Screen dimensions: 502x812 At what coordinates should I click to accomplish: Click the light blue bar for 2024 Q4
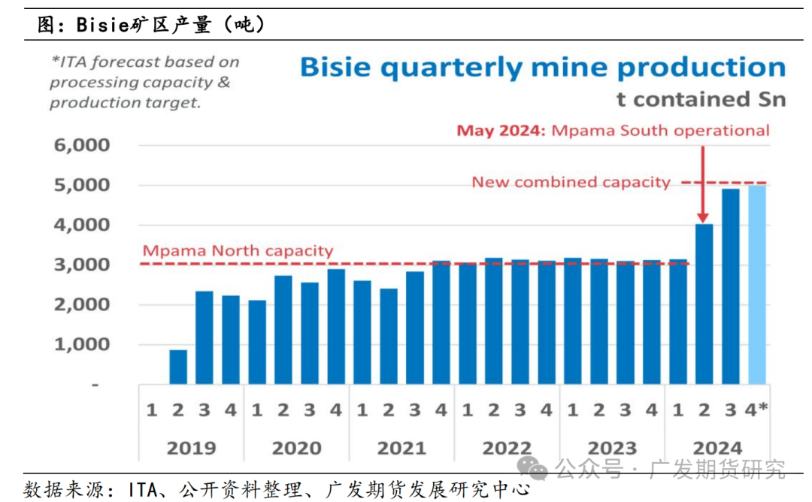coord(757,285)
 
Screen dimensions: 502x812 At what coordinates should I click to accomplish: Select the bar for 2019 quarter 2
coord(178,367)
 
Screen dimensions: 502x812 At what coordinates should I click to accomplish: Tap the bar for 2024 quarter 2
coord(704,304)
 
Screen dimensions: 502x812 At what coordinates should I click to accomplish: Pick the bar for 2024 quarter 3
coord(730,286)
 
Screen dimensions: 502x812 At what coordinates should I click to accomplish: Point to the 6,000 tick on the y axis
coord(82,145)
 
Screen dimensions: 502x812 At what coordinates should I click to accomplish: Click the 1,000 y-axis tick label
coord(82,345)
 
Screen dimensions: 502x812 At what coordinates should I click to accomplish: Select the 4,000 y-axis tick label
coord(82,225)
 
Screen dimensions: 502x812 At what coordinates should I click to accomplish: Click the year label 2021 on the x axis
coord(401,448)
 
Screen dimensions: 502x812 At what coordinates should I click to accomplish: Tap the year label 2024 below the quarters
coord(717,448)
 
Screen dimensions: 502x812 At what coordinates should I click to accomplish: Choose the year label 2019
coord(191,448)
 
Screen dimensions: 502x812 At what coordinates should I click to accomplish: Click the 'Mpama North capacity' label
coord(238,250)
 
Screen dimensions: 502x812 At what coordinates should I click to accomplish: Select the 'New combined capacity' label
coord(571,182)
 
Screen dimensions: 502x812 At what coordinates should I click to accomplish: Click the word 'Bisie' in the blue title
coord(335,68)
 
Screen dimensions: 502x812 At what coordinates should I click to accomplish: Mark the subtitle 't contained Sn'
coord(701,98)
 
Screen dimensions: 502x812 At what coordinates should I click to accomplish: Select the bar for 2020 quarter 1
coord(257,343)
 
